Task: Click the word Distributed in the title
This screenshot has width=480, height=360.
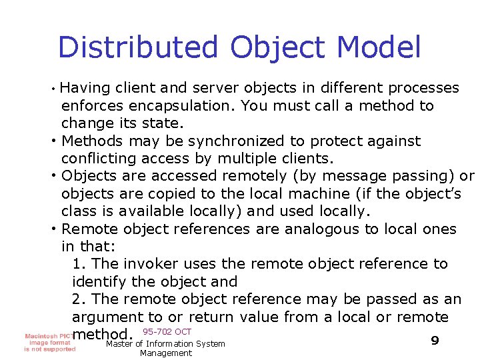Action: pos(138,48)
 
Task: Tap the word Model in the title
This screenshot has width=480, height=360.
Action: pos(380,48)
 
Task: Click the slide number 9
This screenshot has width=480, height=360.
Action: pos(435,341)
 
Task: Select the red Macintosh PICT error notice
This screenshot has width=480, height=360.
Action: pos(49,342)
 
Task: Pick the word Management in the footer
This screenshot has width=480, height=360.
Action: pos(166,353)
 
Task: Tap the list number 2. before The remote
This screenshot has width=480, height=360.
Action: pos(77,299)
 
